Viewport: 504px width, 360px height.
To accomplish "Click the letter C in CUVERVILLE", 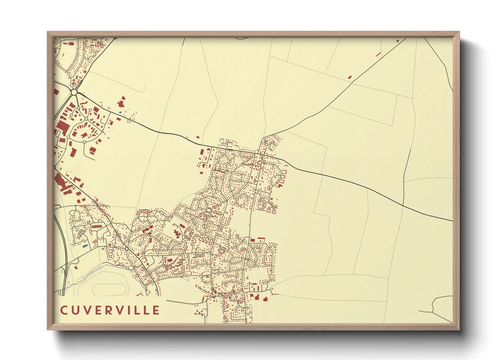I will [x=64, y=310].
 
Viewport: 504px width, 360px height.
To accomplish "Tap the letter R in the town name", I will [x=109, y=310].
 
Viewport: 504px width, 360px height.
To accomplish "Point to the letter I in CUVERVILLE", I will [x=131, y=310].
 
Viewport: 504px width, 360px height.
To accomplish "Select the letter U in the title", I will [x=75, y=310].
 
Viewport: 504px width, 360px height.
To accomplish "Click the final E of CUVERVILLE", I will [x=156, y=310].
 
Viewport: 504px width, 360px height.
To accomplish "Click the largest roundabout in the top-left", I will [x=74, y=92].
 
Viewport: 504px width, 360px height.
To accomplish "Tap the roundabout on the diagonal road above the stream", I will [x=127, y=249].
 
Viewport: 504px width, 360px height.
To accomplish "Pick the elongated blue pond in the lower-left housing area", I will [x=85, y=245].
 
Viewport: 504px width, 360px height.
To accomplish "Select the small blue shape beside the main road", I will [x=120, y=112].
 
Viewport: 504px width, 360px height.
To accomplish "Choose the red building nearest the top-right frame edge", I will [x=397, y=41].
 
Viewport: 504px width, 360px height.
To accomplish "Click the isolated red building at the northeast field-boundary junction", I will [x=350, y=77].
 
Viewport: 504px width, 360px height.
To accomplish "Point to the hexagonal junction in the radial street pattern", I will [x=208, y=211].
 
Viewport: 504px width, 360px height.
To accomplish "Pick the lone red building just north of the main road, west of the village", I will [x=198, y=137].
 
